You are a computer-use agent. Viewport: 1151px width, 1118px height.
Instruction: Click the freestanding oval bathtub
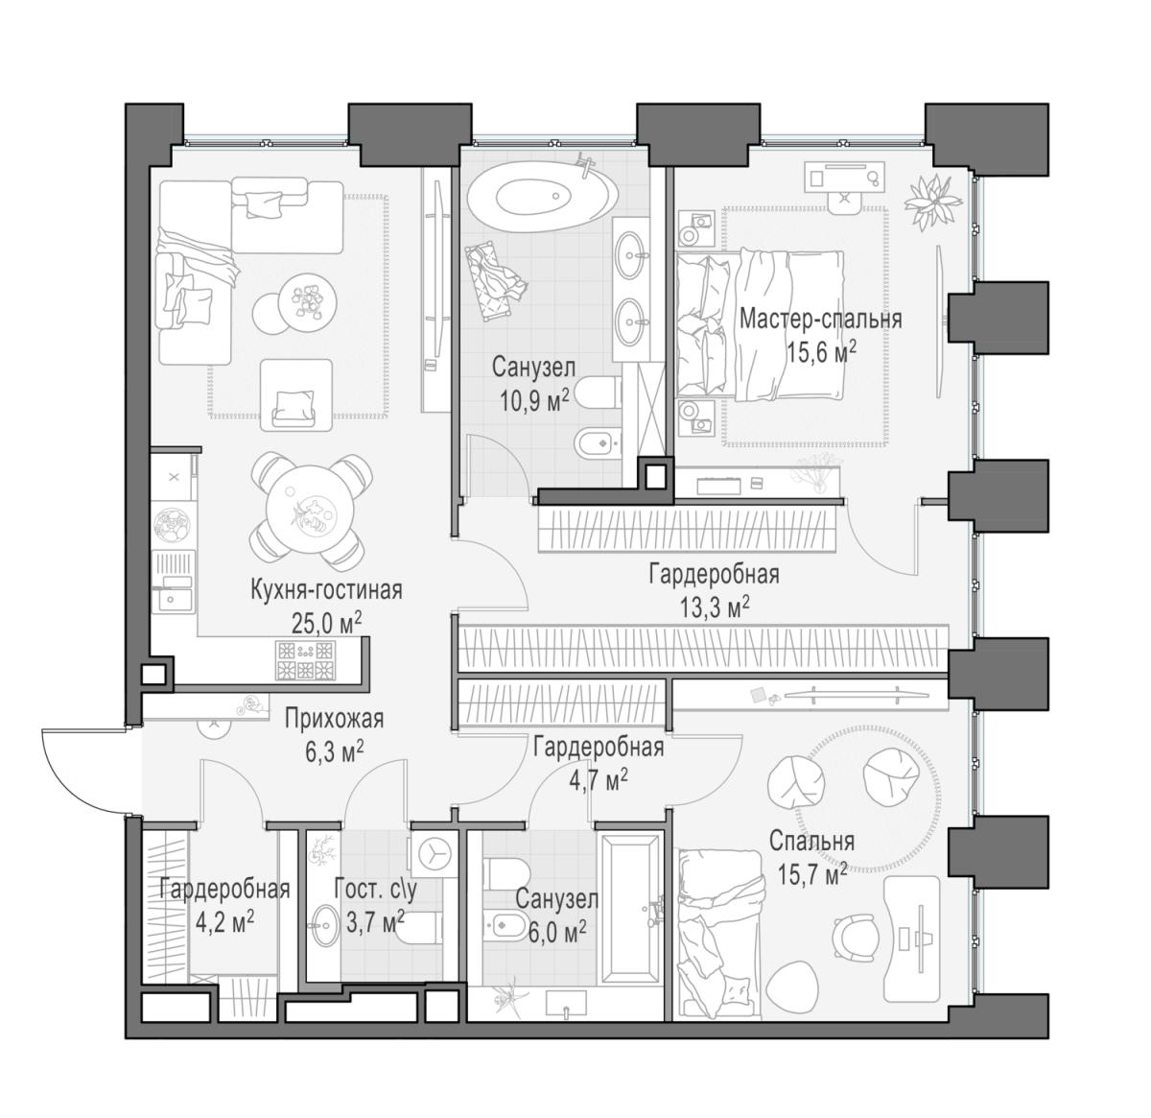[x=542, y=196]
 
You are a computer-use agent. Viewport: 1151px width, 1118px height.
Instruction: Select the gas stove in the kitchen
[x=305, y=660]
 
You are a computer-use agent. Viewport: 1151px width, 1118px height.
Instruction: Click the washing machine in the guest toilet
[x=435, y=855]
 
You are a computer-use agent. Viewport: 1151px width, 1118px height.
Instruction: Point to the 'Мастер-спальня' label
[x=821, y=319]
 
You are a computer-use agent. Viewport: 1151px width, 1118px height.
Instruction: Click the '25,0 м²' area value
[x=326, y=622]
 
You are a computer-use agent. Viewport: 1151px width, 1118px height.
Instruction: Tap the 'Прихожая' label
[x=334, y=719]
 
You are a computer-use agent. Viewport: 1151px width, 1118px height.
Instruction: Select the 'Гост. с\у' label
[x=376, y=890]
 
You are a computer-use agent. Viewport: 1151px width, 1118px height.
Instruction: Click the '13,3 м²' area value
[x=715, y=607]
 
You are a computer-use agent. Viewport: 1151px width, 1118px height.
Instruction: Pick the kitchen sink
[x=172, y=599]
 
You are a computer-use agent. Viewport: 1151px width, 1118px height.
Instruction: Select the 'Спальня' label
[x=811, y=841]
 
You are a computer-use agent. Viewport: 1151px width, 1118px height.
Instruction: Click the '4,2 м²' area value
[x=224, y=924]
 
